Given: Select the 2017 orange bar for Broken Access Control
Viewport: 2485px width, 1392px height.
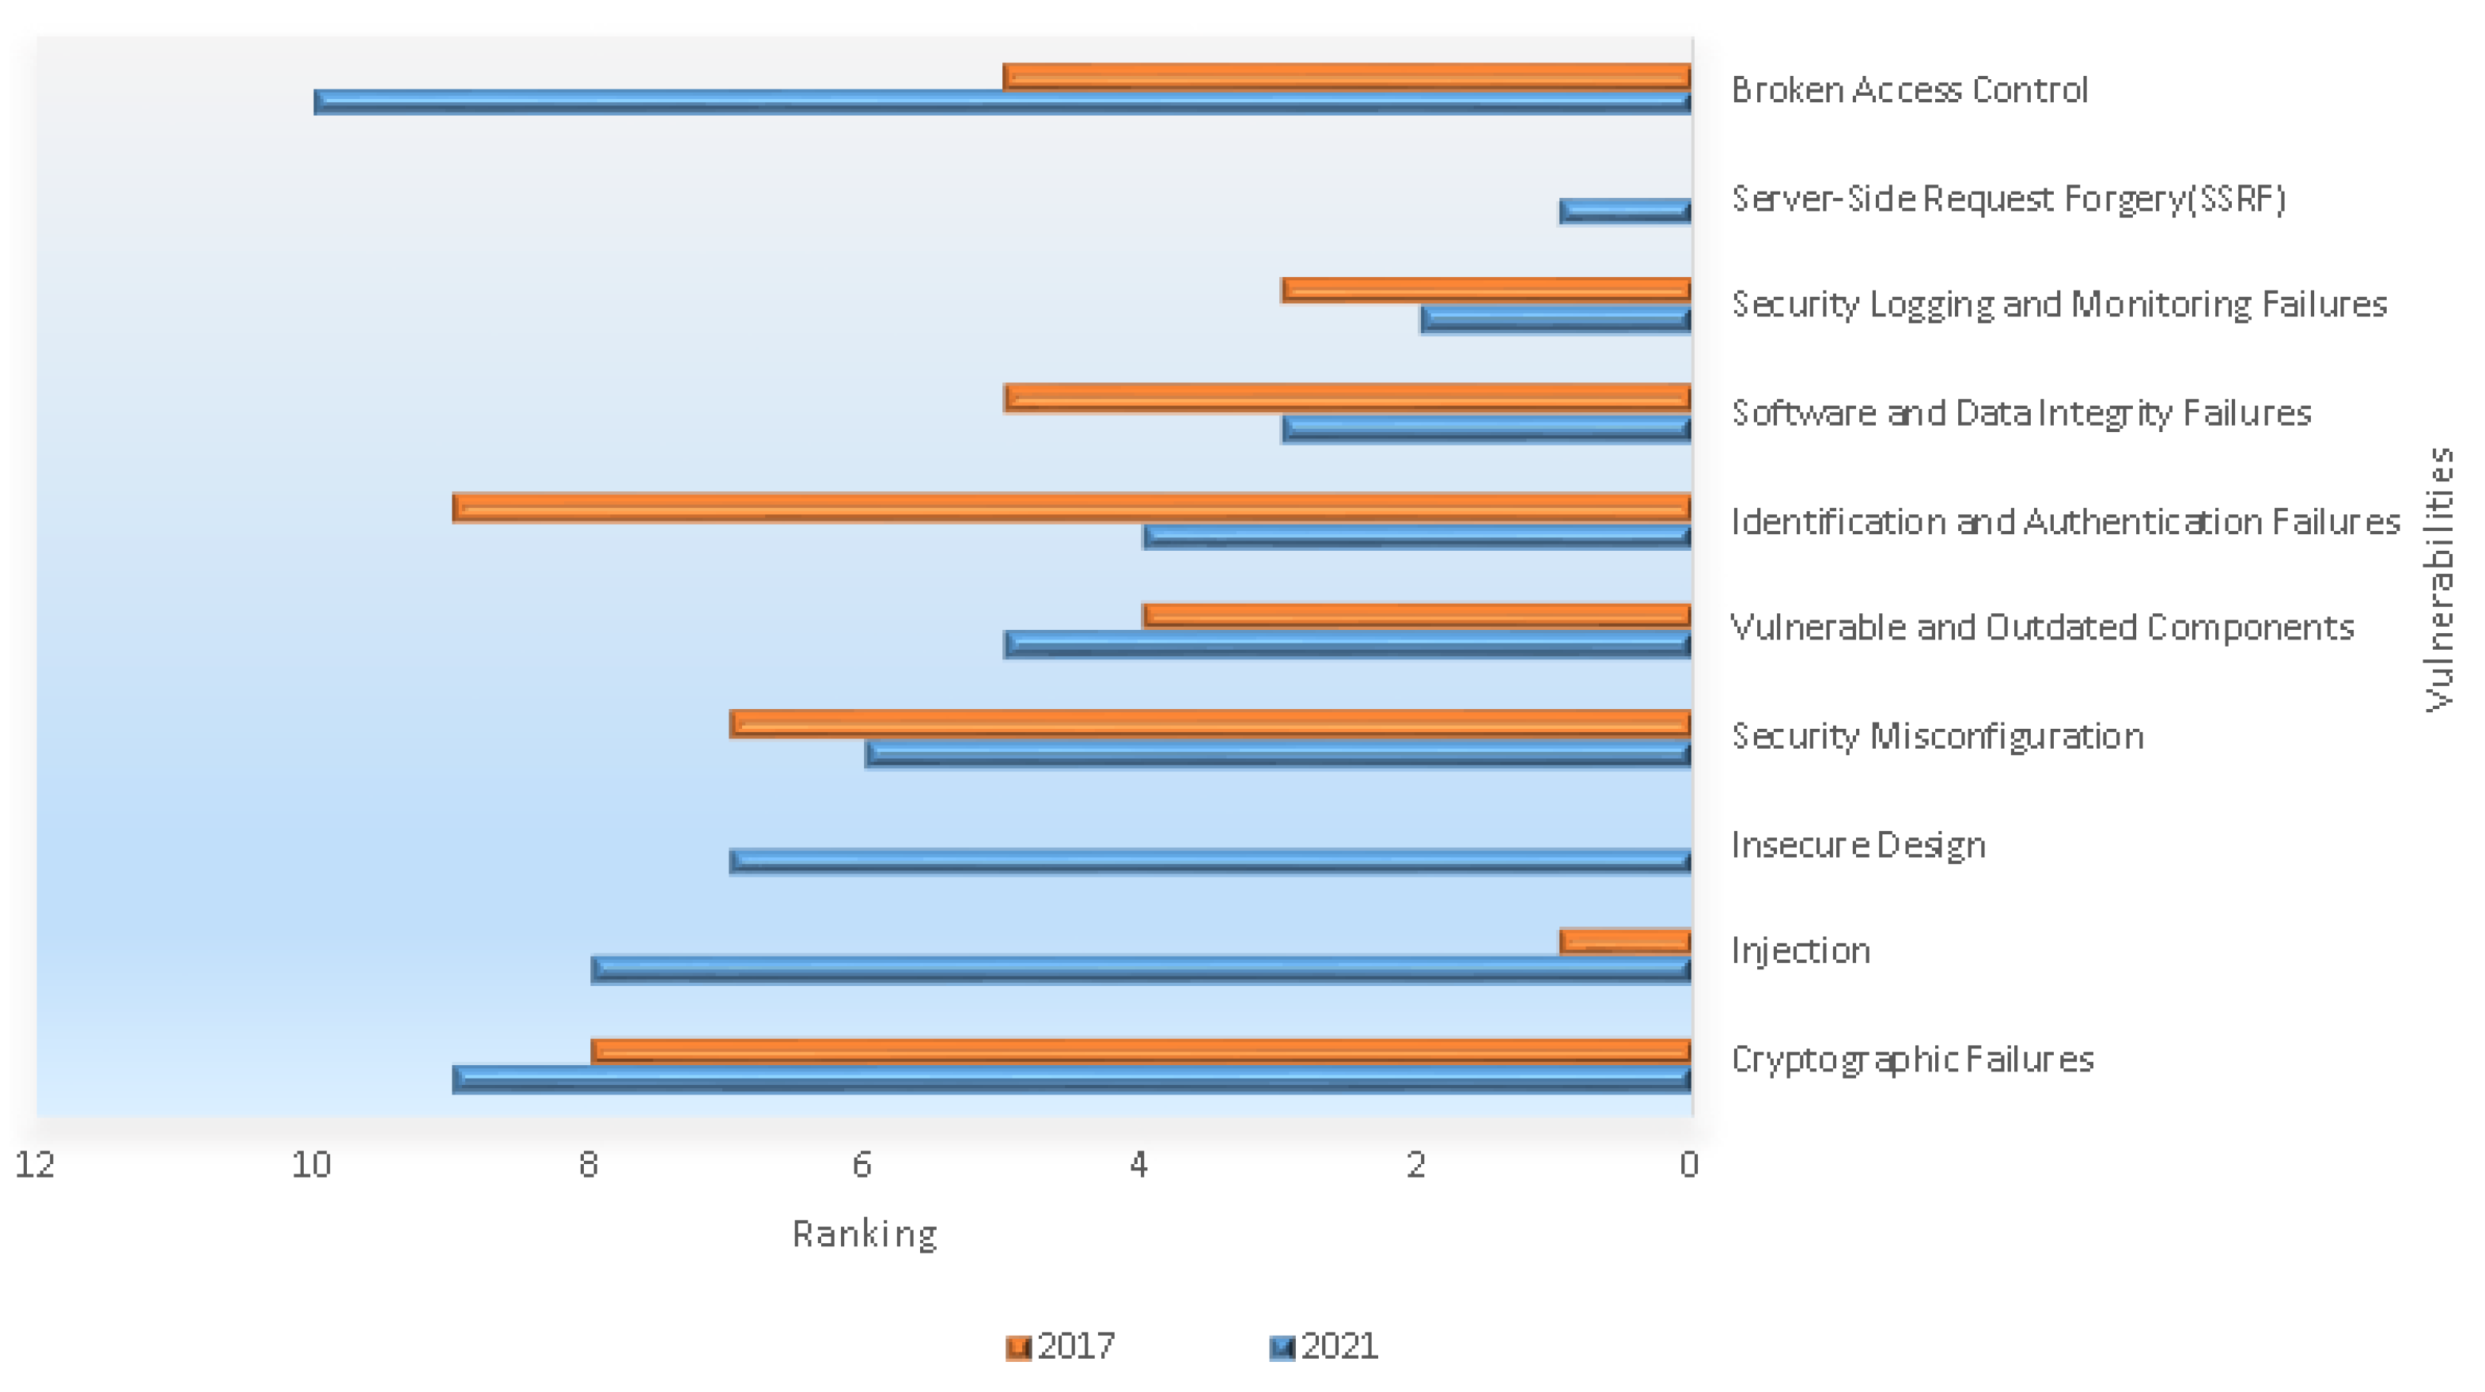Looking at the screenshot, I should pos(1347,75).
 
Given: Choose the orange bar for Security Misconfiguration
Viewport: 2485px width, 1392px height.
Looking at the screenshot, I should pos(1210,723).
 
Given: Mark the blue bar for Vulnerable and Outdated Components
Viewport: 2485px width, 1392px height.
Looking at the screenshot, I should pos(1347,643).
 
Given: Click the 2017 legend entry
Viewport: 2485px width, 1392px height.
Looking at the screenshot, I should pos(1060,1345).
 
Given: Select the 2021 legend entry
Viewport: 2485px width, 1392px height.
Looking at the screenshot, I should pos(1324,1345).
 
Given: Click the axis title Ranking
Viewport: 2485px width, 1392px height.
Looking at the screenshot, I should pos(865,1234).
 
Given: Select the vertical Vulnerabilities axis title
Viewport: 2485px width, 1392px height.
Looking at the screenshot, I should pos(2440,578).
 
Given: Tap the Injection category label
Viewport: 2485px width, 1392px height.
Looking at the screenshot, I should pos(1801,951).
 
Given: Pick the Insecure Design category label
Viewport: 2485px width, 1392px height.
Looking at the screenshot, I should pos(1858,845).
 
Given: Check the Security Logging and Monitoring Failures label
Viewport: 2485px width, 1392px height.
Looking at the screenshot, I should pos(2059,304).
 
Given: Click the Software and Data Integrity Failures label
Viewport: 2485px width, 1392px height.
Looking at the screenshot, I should pos(2021,413).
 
